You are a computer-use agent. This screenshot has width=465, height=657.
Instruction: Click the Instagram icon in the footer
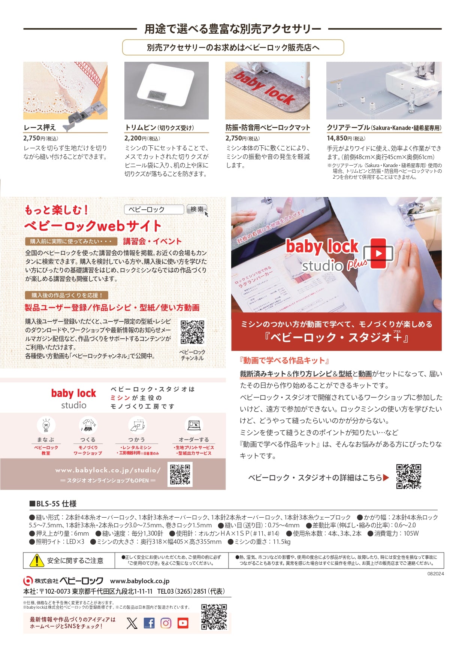[166, 623]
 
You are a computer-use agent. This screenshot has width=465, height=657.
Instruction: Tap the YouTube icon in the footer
[183, 623]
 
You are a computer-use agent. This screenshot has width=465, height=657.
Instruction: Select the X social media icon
[132, 623]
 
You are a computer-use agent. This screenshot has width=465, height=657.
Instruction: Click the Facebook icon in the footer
[149, 623]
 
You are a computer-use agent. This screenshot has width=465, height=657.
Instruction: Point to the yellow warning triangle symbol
[37, 561]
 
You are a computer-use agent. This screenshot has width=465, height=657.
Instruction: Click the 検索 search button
[197, 209]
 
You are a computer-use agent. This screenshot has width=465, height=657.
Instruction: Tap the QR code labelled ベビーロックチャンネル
[192, 332]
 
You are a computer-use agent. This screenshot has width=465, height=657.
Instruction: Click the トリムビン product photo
[166, 91]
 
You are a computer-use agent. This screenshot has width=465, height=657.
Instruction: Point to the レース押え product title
[40, 128]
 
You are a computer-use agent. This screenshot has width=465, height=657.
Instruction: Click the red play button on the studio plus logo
[379, 253]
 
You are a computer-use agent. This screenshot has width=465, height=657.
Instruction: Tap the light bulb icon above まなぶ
[46, 425]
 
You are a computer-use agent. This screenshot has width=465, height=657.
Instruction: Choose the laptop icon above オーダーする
[194, 425]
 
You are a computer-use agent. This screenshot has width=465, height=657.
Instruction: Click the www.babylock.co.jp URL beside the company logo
[140, 581]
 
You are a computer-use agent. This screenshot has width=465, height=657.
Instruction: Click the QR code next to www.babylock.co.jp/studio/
[180, 474]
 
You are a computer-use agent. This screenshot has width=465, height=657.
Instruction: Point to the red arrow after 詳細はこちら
[386, 478]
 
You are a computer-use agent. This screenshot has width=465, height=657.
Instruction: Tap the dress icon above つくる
[88, 425]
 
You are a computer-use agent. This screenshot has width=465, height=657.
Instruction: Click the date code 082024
[435, 573]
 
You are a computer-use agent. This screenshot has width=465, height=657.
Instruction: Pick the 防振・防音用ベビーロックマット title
[268, 128]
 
